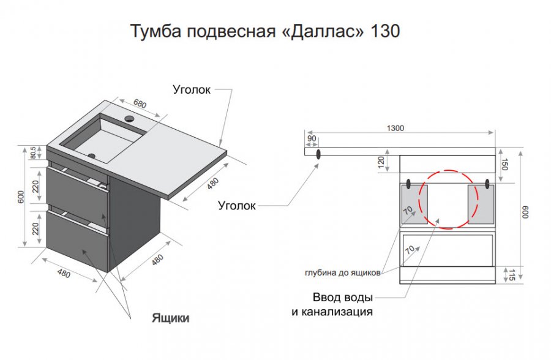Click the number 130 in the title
point(385,31)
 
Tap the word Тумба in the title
point(156,31)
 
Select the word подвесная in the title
point(231,32)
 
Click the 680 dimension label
point(140,103)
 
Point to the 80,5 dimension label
point(33,152)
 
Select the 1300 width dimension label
point(395,129)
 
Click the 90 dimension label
point(312,138)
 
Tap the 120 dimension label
point(381,162)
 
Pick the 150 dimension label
point(504,165)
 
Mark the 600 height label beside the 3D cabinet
point(21,197)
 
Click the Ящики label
point(170,318)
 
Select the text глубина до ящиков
point(343,273)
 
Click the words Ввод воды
point(343,298)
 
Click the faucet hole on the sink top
point(129,119)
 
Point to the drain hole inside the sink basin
point(92,156)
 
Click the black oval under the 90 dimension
point(318,154)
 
